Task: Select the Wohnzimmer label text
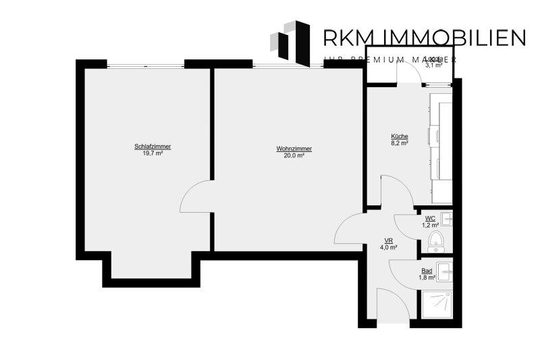pyautogui.click(x=290, y=149)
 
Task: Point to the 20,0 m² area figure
pyautogui.click(x=290, y=155)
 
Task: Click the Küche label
pyautogui.click(x=400, y=136)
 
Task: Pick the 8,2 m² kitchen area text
pyautogui.click(x=400, y=143)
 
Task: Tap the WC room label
pyautogui.click(x=429, y=218)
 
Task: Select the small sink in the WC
pyautogui.click(x=446, y=217)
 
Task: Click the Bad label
pyautogui.click(x=427, y=270)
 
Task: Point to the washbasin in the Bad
pyautogui.click(x=445, y=272)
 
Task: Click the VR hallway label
pyautogui.click(x=389, y=241)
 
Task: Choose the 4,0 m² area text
pyautogui.click(x=389, y=248)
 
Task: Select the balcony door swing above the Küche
pyautogui.click(x=409, y=72)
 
